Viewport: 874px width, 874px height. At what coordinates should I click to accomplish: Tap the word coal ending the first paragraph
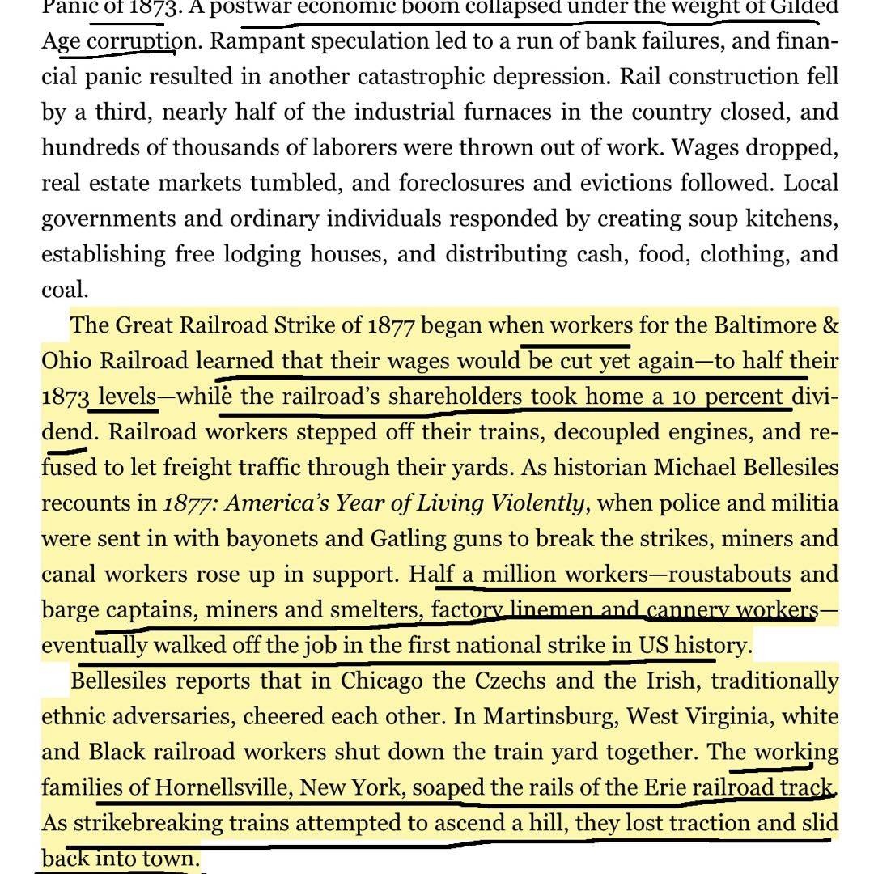tap(65, 290)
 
